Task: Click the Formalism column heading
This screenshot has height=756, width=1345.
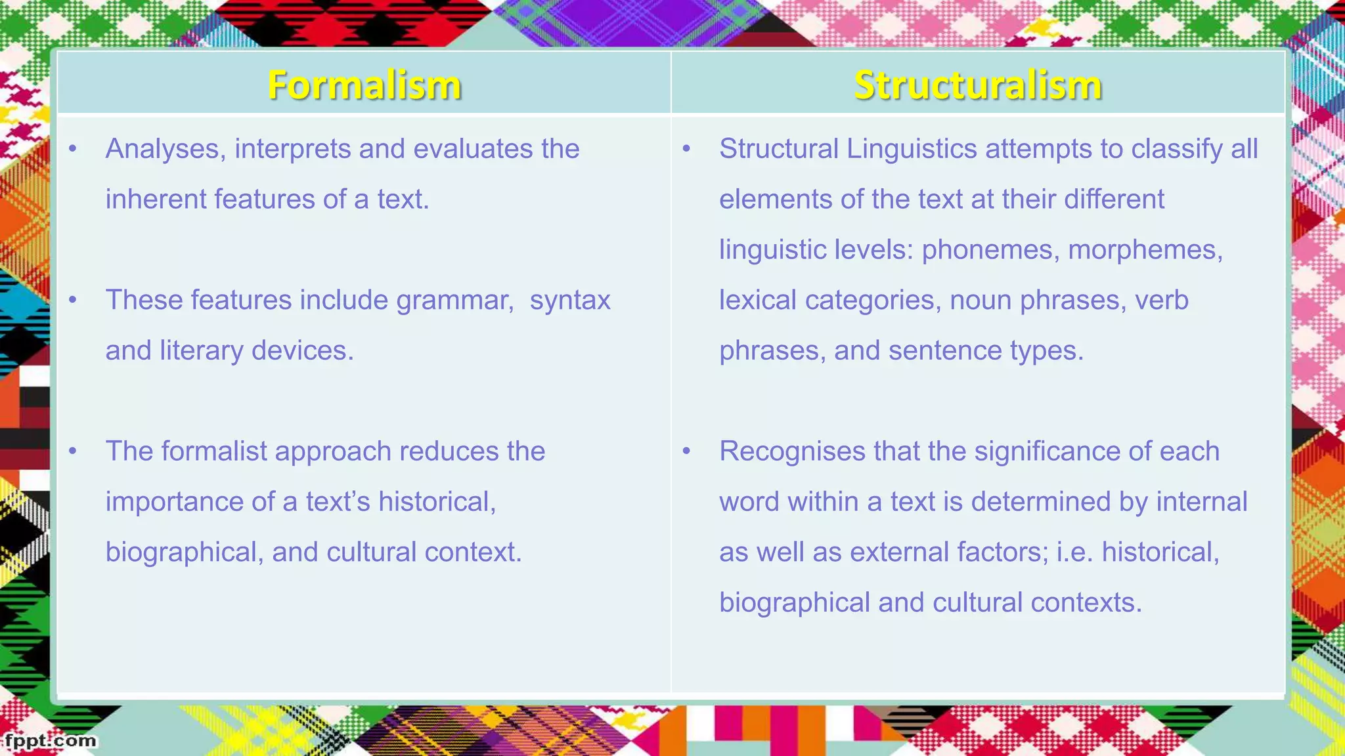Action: tap(364, 85)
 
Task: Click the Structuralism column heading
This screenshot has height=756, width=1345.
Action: tap(977, 85)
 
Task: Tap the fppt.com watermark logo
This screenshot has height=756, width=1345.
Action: tap(49, 741)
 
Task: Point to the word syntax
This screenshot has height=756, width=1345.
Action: tap(570, 301)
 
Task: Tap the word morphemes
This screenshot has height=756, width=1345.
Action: tap(1145, 250)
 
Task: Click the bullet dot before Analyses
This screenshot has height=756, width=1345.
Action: tap(73, 149)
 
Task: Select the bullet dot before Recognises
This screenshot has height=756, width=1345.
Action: tap(686, 451)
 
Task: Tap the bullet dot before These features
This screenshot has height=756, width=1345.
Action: tap(73, 301)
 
